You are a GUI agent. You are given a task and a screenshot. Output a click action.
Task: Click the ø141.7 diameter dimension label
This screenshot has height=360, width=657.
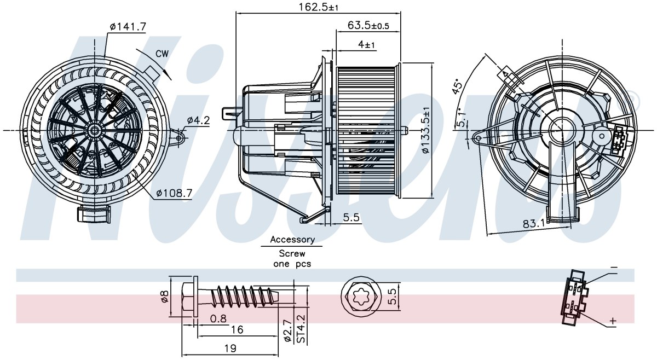coord(128,27)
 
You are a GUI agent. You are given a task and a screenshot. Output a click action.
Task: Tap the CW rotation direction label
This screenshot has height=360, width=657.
coord(162,54)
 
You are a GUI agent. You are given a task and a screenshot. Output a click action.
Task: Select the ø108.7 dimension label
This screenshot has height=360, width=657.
coord(174,193)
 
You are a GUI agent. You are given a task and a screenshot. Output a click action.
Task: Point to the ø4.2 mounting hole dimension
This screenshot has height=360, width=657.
coord(199,120)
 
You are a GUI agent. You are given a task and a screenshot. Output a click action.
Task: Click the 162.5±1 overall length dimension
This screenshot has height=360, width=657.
coord(318,7)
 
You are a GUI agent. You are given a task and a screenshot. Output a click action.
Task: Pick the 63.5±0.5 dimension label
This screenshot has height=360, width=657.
coord(368,26)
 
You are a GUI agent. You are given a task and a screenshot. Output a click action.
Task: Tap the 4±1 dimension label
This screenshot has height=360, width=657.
coord(366,44)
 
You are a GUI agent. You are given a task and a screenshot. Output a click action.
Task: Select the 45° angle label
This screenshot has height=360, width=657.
coord(457,86)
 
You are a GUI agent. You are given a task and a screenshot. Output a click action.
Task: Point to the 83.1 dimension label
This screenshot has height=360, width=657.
coord(533,224)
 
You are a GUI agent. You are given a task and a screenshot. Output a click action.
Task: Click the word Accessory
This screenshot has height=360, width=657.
coord(292,240)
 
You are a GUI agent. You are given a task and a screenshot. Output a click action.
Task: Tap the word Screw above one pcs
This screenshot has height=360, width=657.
coord(292,253)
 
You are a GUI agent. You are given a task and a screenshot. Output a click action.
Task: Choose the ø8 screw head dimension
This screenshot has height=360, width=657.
coord(164,296)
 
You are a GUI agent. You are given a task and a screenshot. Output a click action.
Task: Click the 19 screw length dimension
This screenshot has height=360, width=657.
coord(230,349)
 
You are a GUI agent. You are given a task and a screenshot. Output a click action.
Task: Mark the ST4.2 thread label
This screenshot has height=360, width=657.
coord(301,329)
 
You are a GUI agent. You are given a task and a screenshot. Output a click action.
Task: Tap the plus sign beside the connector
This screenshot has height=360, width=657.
coord(613,321)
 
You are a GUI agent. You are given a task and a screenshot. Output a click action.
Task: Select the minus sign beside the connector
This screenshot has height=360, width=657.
coord(614,268)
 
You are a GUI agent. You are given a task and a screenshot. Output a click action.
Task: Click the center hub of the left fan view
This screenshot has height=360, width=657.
coord(95,130)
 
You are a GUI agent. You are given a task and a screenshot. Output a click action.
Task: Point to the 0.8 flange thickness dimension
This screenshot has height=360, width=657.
coord(218,318)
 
